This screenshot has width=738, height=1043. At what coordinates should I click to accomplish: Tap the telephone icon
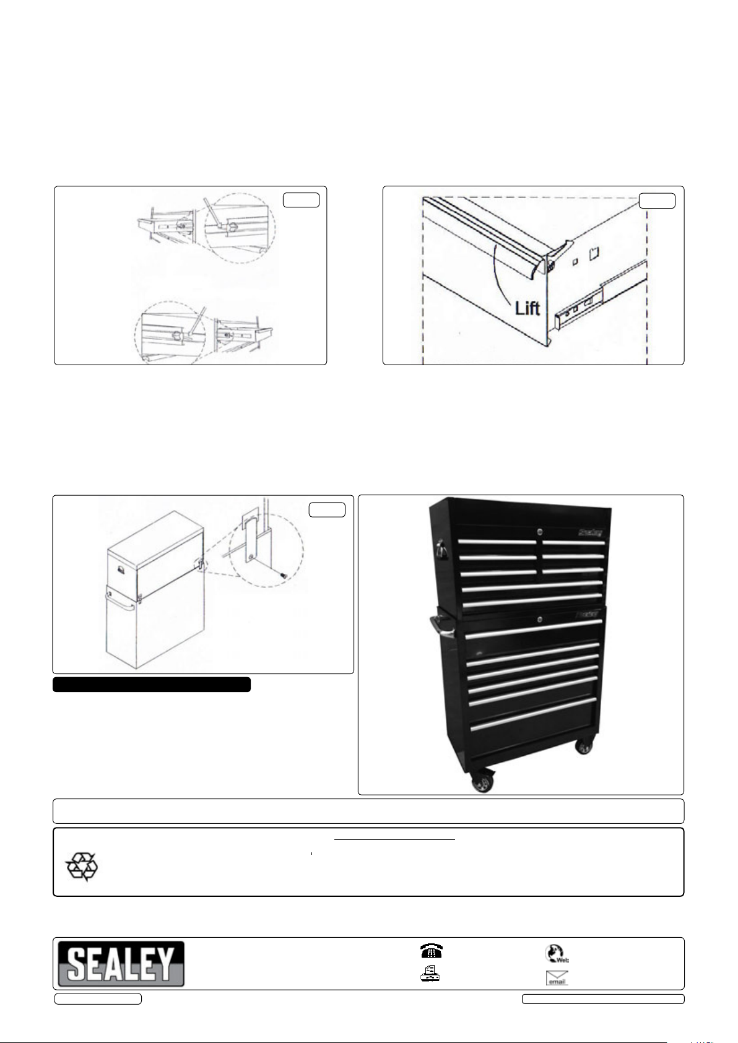[431, 950]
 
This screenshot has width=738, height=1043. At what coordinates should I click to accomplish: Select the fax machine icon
[431, 973]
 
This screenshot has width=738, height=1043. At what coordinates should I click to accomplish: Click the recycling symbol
[82, 867]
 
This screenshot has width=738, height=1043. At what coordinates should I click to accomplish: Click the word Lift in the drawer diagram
[527, 308]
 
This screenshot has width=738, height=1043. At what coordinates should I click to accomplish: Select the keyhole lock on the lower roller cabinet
[540, 619]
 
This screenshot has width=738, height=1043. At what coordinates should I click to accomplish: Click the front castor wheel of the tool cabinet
[482, 784]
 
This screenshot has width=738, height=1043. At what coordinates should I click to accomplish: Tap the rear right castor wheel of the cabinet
[584, 747]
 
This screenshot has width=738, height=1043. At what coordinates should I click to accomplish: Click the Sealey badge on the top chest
[589, 532]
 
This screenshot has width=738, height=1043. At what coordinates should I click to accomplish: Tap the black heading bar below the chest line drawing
[152, 685]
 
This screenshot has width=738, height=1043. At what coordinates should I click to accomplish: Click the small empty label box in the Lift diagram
[657, 201]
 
